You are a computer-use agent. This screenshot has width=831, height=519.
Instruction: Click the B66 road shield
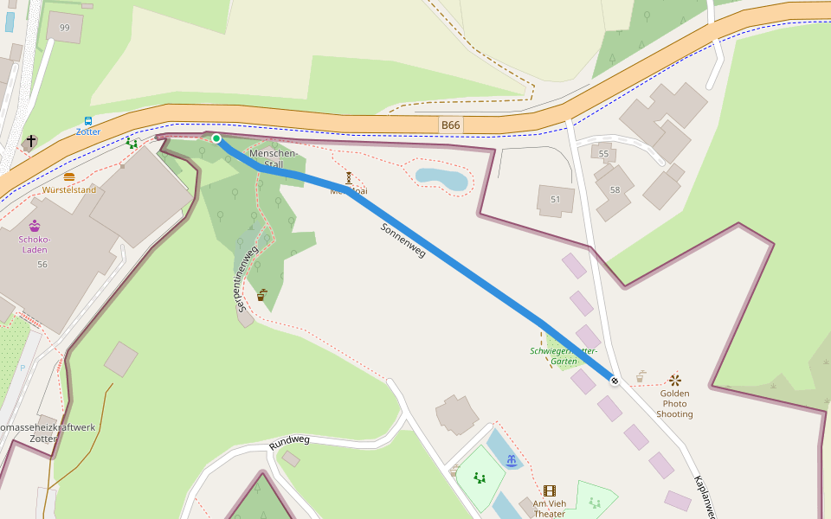(x=450, y=125)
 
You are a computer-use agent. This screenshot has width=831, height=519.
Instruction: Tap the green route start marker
(x=216, y=138)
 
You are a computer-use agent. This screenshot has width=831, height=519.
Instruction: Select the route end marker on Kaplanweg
(x=615, y=381)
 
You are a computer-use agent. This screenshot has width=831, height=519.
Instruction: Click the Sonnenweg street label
(x=403, y=240)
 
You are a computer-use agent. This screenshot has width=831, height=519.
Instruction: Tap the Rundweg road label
(x=289, y=442)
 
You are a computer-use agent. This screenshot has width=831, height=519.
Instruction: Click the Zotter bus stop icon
(x=88, y=121)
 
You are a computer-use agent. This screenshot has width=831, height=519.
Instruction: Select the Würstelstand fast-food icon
(x=69, y=177)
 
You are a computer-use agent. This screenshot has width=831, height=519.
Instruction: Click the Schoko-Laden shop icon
(x=35, y=226)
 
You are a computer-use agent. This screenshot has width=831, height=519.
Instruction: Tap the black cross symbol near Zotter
(x=31, y=140)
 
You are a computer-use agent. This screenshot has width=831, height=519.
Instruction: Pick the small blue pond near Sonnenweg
(x=441, y=179)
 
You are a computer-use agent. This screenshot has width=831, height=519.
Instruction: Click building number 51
(x=555, y=200)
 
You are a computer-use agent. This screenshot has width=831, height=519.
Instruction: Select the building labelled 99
(x=65, y=28)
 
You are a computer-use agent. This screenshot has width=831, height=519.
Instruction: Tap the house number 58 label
(x=615, y=189)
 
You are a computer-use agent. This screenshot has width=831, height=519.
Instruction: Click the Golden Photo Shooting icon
(x=674, y=380)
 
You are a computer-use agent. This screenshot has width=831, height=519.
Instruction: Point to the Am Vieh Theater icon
(x=549, y=491)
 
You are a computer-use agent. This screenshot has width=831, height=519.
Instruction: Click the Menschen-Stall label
(x=274, y=158)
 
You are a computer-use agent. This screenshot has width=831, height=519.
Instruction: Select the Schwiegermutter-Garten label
(x=564, y=356)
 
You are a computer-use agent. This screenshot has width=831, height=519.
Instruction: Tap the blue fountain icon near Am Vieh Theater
(x=512, y=460)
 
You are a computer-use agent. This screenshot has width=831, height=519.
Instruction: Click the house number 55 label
(x=603, y=154)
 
